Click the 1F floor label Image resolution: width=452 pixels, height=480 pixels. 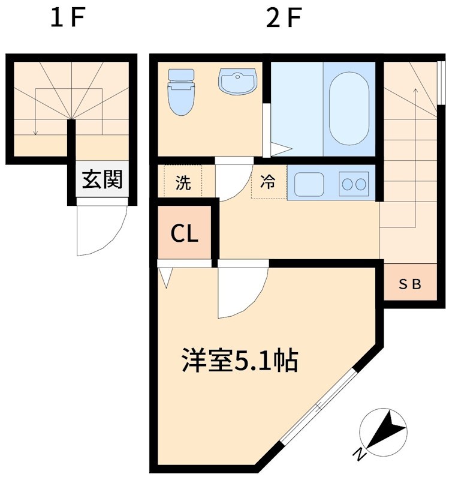(67, 18)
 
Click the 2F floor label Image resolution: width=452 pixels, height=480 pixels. (284, 18)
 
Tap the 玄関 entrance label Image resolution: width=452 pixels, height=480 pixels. (102, 179)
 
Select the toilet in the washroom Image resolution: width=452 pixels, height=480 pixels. (181, 92)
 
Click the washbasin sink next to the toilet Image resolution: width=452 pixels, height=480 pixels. (237, 82)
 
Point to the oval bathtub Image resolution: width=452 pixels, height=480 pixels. (349, 109)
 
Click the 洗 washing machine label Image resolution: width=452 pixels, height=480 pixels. (183, 183)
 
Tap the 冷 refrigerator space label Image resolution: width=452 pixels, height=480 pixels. (268, 181)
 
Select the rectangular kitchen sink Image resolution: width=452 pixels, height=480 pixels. (309, 184)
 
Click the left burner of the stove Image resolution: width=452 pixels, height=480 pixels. (348, 184)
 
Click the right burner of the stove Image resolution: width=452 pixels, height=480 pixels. (361, 184)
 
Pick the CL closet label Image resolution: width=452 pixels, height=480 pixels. (184, 233)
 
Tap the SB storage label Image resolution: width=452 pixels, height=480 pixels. (410, 284)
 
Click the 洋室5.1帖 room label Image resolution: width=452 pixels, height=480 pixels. (240, 360)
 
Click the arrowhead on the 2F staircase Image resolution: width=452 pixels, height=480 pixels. (415, 91)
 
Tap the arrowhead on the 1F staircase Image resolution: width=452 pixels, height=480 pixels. (36, 133)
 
